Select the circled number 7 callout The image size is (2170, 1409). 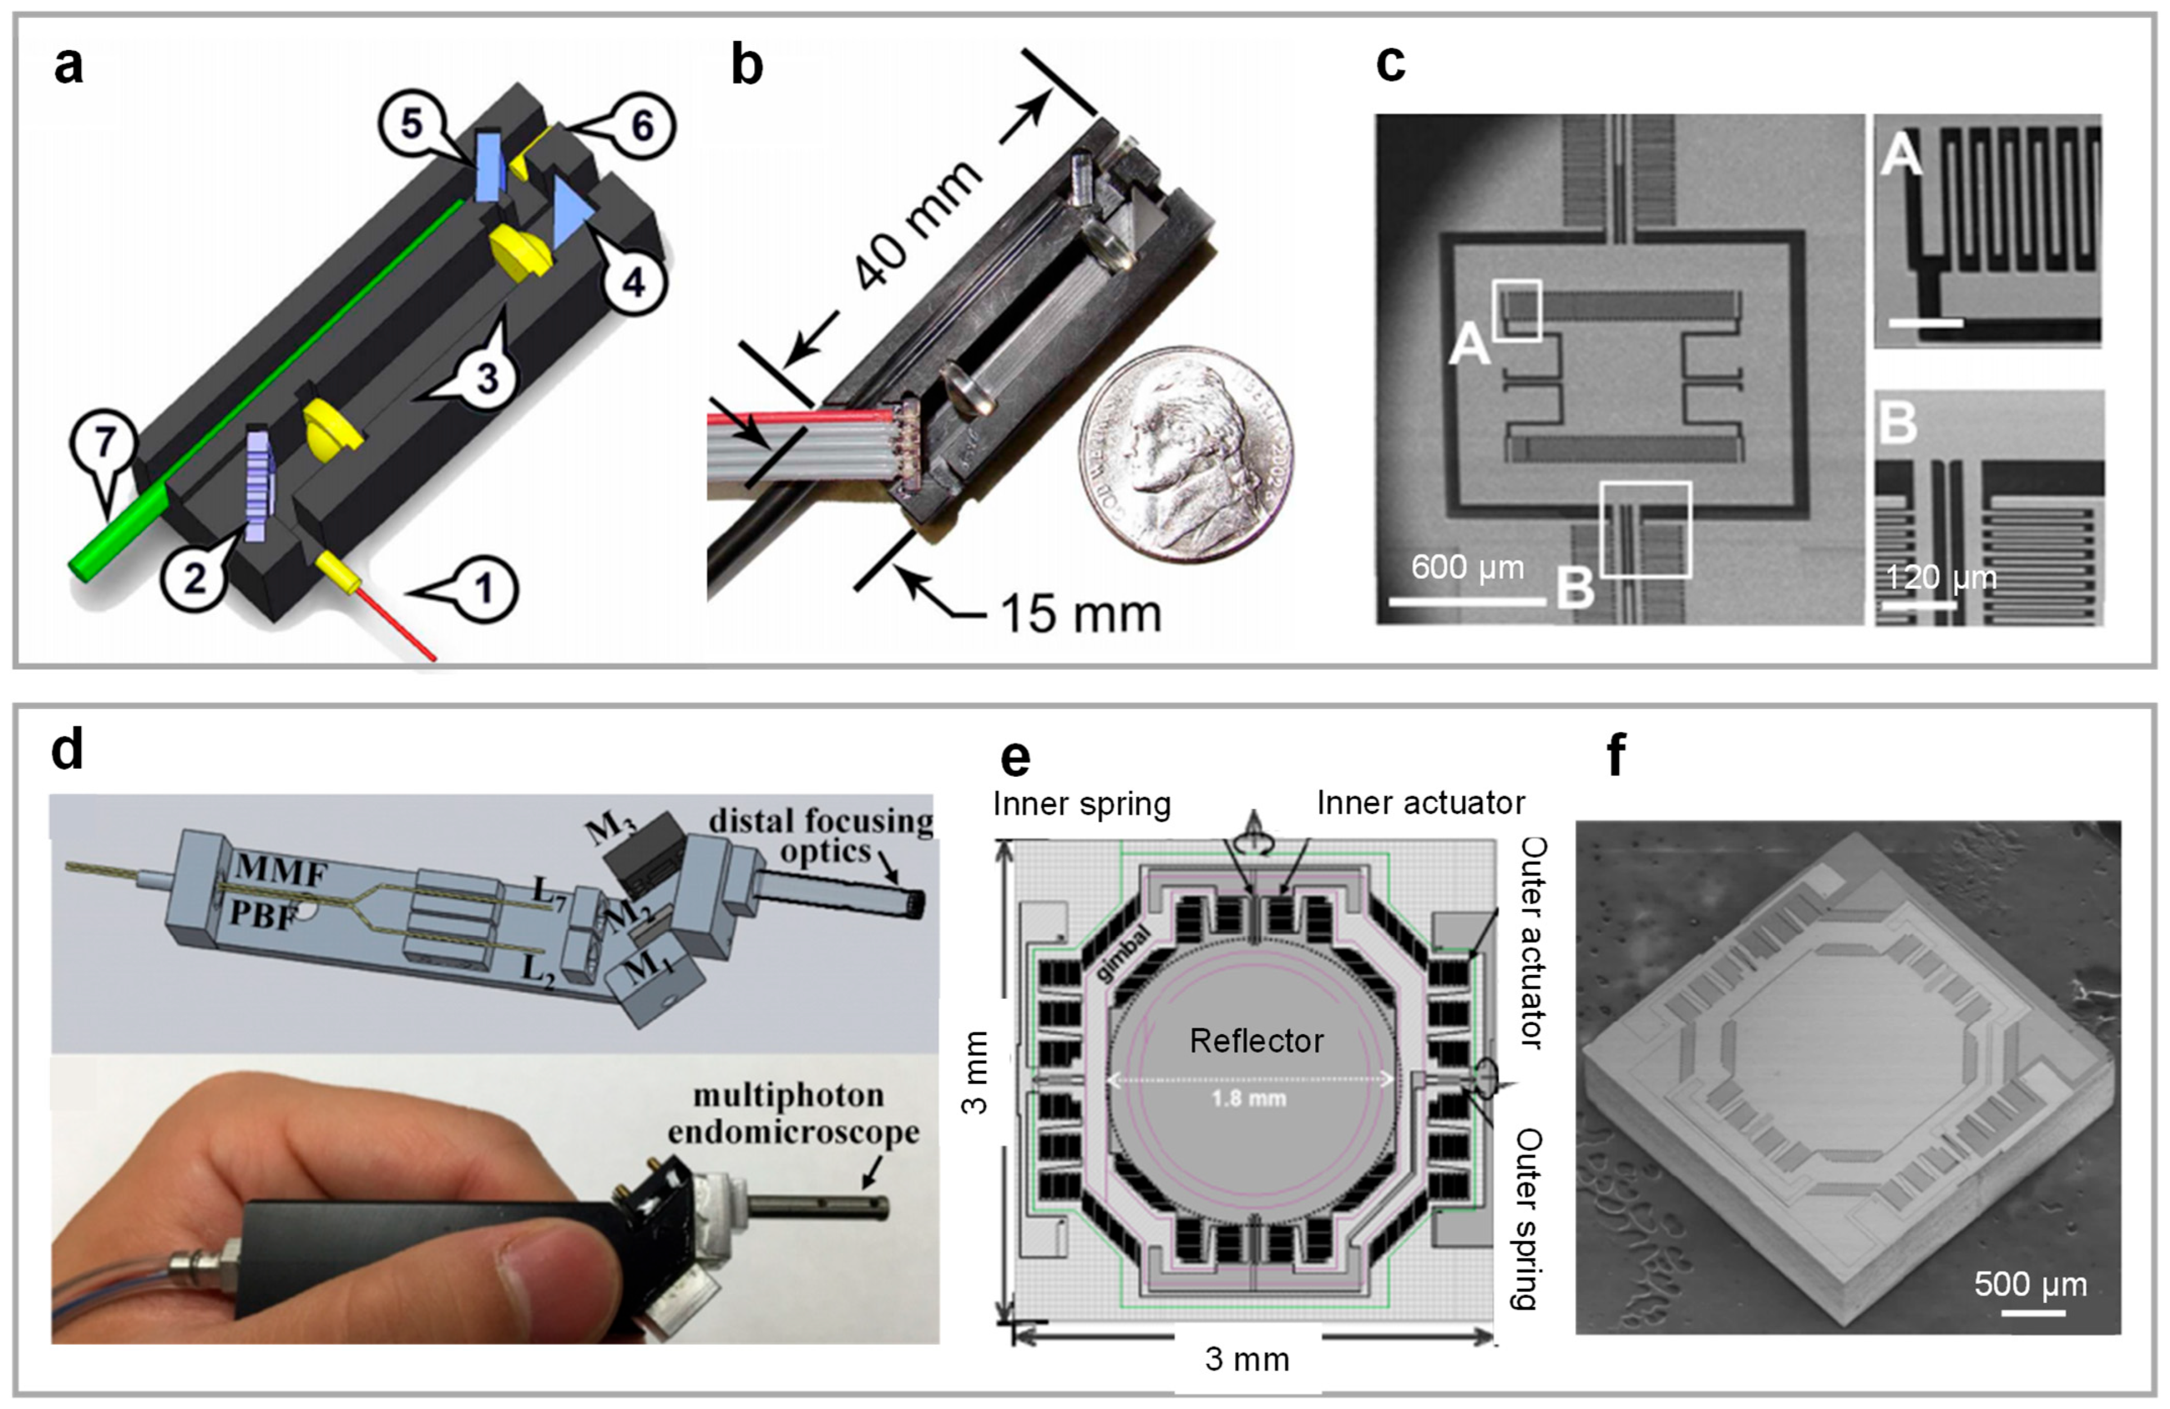coord(105,443)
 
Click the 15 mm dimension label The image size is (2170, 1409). coord(1080,613)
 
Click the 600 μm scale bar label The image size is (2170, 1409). coord(1467,568)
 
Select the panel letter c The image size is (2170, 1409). coord(1391,64)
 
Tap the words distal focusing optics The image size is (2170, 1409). coord(820,835)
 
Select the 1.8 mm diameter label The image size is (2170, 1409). coord(1248,1098)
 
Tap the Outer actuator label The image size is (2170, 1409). coord(1533,943)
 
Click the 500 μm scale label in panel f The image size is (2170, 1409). coord(2031,1284)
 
